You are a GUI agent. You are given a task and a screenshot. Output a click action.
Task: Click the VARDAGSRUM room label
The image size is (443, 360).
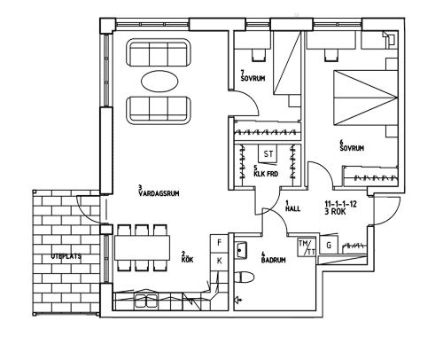[159, 193]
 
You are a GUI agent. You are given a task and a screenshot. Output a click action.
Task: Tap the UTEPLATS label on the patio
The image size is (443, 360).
[66, 256]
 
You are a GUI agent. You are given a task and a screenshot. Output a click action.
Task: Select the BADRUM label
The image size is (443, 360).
[274, 260]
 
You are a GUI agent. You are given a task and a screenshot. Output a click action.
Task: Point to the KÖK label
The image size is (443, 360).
[188, 260]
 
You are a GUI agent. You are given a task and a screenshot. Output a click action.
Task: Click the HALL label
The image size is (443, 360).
[292, 208]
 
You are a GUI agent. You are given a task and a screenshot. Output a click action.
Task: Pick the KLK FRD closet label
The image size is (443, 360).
[266, 174]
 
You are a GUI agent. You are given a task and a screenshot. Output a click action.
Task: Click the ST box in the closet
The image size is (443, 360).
[268, 153]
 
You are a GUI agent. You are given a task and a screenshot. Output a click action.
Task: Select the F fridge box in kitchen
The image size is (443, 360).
[219, 243]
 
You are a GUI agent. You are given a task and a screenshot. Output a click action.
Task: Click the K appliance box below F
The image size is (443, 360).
[219, 261]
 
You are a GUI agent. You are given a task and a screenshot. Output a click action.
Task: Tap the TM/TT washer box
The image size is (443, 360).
[307, 247]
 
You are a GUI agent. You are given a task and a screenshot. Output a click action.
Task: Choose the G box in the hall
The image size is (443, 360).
[329, 245]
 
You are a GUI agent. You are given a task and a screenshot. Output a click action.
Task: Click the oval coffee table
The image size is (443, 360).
[159, 82]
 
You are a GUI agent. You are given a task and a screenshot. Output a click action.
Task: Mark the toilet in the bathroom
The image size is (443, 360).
[245, 278]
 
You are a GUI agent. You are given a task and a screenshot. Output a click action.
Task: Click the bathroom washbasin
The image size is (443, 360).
[241, 250]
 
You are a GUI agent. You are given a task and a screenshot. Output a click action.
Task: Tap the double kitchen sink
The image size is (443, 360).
[146, 301]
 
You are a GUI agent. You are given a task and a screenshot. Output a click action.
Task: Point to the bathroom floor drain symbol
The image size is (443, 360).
[238, 301]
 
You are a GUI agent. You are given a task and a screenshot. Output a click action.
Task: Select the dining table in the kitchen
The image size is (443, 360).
[142, 247]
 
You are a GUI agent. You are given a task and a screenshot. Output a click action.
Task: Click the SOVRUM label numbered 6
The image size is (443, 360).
[352, 148]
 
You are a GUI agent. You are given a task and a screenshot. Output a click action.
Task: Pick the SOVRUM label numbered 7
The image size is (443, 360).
[253, 78]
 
